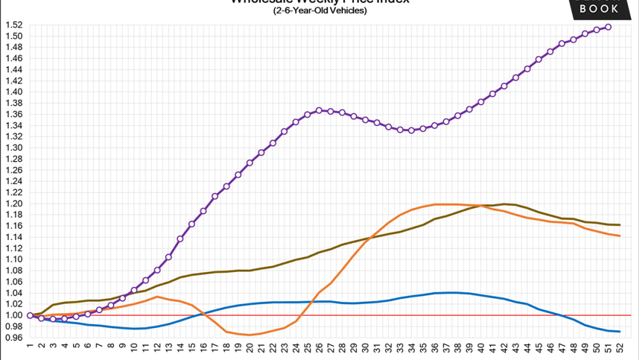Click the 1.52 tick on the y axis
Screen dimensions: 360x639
click(15, 25)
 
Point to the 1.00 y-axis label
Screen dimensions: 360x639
click(15, 315)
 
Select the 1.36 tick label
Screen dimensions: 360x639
click(15, 114)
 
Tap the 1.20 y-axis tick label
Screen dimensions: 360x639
click(15, 203)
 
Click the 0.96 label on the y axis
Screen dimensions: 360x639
click(15, 337)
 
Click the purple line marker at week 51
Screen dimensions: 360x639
click(608, 27)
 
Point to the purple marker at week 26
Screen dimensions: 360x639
click(319, 110)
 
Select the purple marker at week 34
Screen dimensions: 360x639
click(411, 130)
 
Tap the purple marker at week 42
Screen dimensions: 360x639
click(504, 85)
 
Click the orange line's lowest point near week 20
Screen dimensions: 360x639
click(250, 335)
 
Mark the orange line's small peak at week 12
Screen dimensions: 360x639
click(157, 297)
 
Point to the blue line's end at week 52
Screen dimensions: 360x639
click(619, 331)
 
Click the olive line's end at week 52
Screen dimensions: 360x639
click(619, 225)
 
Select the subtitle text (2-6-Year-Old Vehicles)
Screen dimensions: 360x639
click(319, 11)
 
